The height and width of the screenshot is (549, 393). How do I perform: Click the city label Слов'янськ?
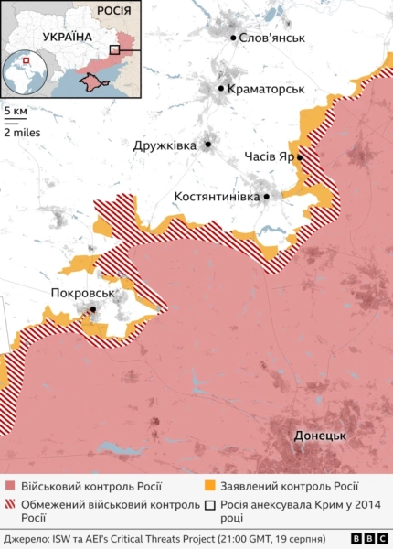click(272, 38)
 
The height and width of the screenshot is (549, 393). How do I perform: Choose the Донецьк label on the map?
click(320, 436)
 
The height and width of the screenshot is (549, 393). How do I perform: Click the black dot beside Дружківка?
click(208, 144)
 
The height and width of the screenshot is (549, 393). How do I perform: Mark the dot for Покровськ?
click(92, 309)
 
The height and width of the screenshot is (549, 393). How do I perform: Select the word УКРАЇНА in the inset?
click(67, 36)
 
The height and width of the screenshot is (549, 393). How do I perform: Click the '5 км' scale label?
click(16, 111)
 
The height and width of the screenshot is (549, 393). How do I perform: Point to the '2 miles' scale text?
click(21, 131)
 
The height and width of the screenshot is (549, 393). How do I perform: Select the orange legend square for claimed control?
click(210, 487)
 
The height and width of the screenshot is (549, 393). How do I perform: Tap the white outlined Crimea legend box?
click(210, 504)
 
